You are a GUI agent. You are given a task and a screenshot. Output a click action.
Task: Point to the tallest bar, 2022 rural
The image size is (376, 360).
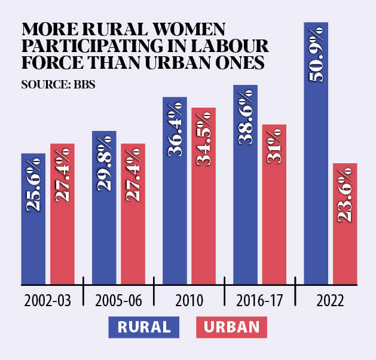pos(316,179)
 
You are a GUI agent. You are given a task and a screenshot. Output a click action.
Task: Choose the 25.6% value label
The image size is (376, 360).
pos(33,185)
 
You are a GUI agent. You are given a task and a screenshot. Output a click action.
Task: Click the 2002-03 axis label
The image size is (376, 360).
pos(48,301)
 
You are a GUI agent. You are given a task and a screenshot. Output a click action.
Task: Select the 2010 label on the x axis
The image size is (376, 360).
pos(189,301)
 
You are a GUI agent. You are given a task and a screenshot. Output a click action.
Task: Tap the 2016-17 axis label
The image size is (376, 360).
pos(260,301)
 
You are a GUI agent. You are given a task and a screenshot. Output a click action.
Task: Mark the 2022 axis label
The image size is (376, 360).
pos(330,301)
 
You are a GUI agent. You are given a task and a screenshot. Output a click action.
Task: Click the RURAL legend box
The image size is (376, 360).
pos(144,327)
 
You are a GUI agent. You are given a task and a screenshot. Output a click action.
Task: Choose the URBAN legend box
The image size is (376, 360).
pos(231,327)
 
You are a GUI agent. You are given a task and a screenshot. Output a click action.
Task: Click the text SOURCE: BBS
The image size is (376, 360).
pos(59,84)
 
